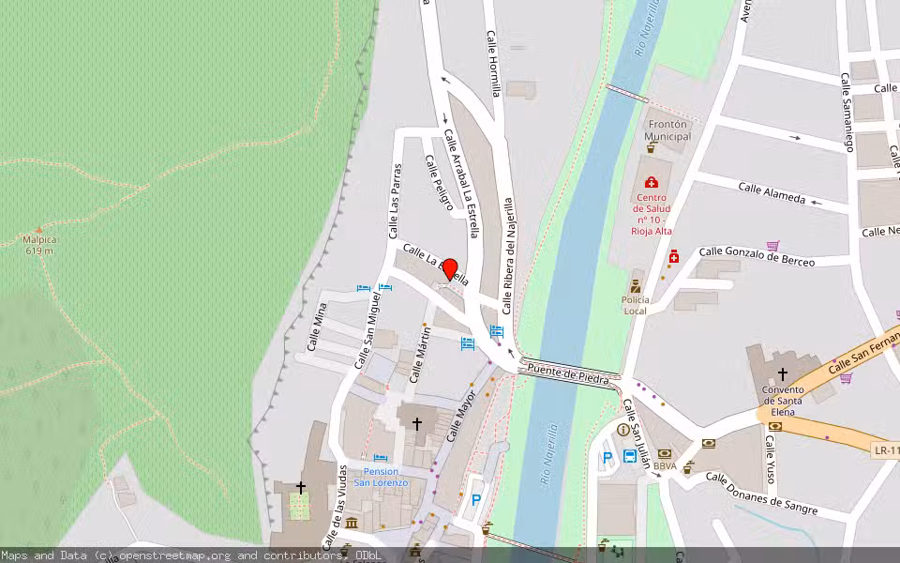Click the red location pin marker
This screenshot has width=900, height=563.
(449, 270)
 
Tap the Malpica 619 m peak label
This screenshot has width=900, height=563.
(38, 245)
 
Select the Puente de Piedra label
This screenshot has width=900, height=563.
(568, 373)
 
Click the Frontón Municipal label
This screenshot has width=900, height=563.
(667, 130)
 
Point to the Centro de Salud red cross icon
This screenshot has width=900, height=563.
(652, 182)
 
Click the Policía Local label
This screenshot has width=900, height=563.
(635, 305)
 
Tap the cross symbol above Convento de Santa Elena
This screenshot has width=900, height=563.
(783, 373)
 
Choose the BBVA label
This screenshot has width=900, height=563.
(665, 466)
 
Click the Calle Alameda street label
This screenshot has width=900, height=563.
(772, 192)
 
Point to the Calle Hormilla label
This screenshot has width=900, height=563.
(494, 63)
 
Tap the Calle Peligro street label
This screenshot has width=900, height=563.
(440, 182)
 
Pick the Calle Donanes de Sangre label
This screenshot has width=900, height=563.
(761, 495)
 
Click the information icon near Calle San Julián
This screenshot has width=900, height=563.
(622, 429)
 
